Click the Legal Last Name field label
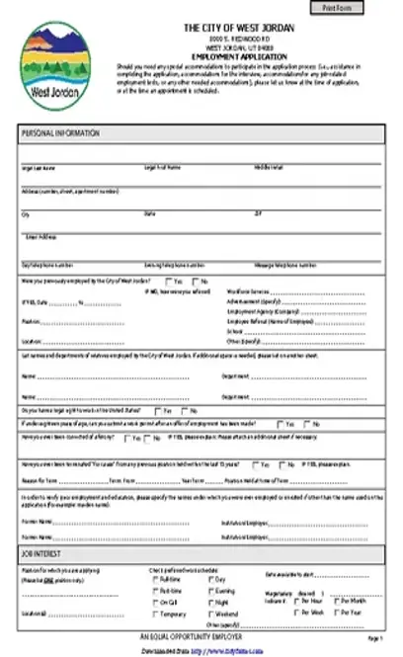click(39, 168)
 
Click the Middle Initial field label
click(269, 168)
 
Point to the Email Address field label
click(41, 236)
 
